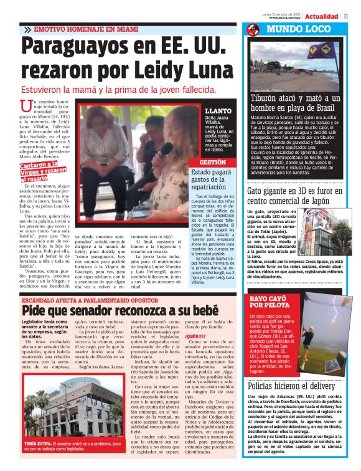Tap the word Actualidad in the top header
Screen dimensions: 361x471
click(x=322, y=16)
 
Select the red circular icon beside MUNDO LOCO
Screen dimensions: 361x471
click(x=252, y=29)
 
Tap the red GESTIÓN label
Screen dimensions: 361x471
click(x=213, y=162)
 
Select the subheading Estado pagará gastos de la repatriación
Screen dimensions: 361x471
click(x=213, y=179)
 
